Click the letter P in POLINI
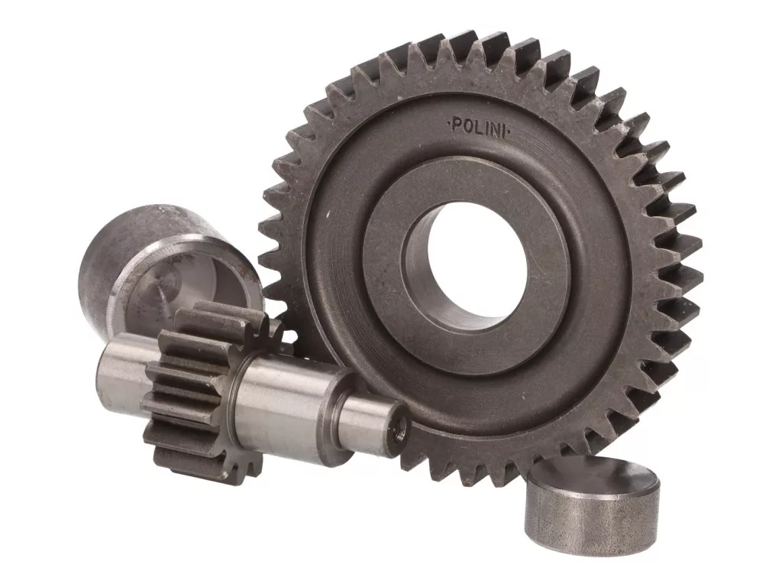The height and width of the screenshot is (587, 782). [x=456, y=125]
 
